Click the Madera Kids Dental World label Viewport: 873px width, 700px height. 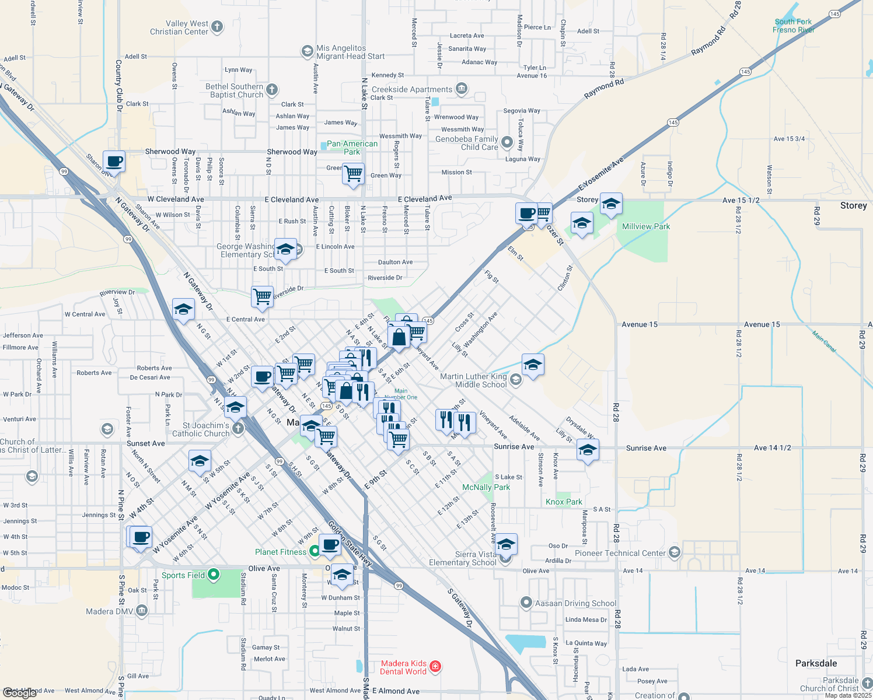(403, 667)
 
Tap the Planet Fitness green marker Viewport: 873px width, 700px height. (315, 550)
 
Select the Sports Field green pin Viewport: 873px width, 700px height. (214, 575)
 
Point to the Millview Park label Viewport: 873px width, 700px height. (646, 226)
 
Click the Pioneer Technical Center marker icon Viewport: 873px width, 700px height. (674, 552)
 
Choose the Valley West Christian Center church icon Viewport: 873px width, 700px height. (217, 26)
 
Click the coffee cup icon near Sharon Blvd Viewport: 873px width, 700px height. (114, 160)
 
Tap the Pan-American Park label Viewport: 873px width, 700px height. (352, 148)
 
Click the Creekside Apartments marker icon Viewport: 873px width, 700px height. (462, 89)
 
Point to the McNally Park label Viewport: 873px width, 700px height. (486, 487)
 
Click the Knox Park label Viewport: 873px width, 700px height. (564, 502)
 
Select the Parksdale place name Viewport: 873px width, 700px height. (816, 663)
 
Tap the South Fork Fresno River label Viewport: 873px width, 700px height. (793, 26)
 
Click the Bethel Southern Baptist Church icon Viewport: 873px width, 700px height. (271, 89)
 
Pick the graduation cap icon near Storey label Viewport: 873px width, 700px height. (611, 204)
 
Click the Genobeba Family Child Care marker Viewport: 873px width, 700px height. (507, 142)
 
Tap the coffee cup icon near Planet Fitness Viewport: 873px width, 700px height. (330, 544)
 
